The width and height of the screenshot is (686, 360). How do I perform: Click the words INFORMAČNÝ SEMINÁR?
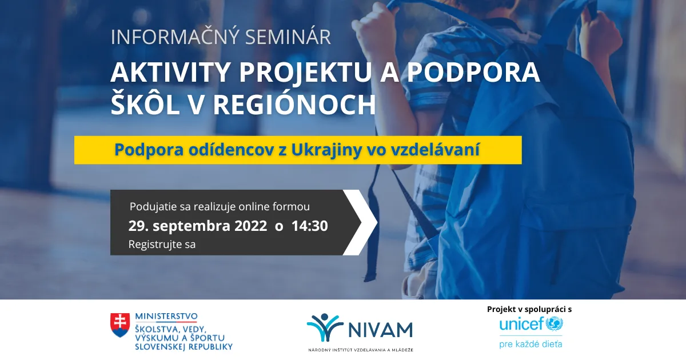221,37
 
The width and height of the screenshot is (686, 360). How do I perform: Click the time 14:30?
309,226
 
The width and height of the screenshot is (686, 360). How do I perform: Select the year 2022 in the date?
250,226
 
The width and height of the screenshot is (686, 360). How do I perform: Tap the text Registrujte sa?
162,245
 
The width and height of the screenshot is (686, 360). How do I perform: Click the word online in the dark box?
253,206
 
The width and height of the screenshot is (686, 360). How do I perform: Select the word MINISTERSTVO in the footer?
166,316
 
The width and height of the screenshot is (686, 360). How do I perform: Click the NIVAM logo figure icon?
325,328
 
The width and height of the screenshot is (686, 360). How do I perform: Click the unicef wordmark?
521,325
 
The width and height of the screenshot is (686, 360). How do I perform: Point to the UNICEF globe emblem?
554,325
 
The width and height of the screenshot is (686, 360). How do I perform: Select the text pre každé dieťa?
531,344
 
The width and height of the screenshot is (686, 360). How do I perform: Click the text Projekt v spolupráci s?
529,309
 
